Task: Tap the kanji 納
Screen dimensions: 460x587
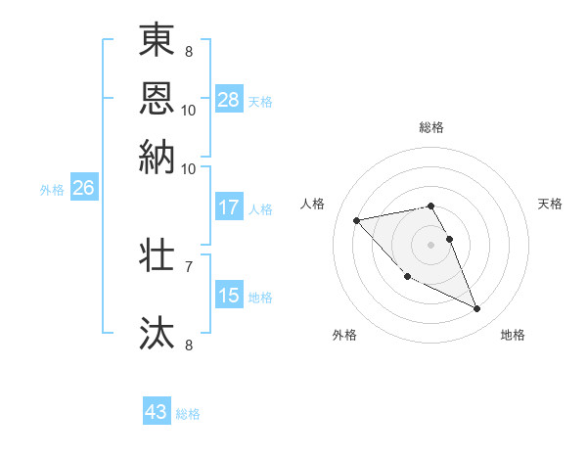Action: tap(157, 157)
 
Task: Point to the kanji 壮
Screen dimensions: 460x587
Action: tap(157, 256)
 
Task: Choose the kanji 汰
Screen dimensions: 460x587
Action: tap(157, 332)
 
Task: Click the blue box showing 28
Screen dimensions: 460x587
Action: tap(229, 100)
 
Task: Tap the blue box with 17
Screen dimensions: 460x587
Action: tap(229, 207)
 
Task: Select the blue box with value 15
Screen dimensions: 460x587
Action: tap(229, 296)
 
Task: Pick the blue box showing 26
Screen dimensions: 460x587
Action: tap(83, 189)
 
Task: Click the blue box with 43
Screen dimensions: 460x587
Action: tap(157, 412)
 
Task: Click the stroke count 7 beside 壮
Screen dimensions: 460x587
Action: tap(189, 265)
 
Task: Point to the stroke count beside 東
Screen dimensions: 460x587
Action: tap(189, 51)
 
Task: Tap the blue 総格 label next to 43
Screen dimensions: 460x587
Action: tap(188, 414)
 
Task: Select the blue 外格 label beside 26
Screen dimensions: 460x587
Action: tap(52, 190)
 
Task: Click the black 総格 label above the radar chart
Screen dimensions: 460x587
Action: tap(431, 128)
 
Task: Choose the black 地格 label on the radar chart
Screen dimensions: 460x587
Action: tap(513, 335)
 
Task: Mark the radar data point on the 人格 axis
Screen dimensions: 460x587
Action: tap(356, 220)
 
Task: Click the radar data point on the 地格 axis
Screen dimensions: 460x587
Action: tap(477, 309)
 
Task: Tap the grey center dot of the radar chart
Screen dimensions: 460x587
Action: tap(431, 244)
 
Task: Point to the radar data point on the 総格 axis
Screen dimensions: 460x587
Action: tap(431, 206)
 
